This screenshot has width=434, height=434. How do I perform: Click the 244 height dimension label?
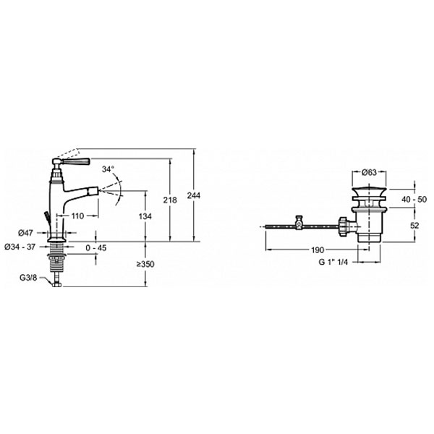193,196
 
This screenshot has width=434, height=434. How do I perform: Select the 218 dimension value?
170,200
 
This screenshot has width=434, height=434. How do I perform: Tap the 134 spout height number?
145,216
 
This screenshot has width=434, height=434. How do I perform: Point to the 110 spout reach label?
77,216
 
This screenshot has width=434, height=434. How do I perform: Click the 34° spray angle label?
108,169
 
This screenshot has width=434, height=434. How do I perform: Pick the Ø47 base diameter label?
25,233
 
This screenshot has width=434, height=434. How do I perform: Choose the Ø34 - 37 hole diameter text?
20,247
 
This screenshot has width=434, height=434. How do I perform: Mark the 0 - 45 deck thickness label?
95,247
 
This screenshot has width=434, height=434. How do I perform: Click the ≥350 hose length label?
145,264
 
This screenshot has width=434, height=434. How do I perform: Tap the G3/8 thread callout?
28,278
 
